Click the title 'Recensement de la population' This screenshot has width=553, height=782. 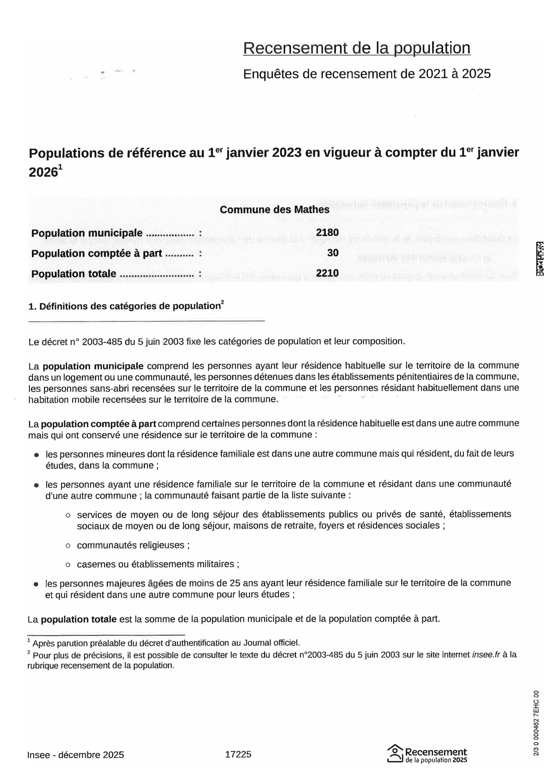(357, 48)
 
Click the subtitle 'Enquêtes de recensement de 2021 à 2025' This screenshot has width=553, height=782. (367, 74)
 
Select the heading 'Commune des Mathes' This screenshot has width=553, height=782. (274, 210)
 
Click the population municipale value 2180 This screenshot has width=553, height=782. (327, 233)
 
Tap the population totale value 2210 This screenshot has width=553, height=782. (327, 273)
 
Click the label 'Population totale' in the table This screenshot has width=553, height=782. (74, 274)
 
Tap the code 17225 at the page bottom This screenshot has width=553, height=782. (238, 755)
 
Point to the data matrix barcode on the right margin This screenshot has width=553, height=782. (540, 259)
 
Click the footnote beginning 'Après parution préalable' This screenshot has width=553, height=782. (166, 643)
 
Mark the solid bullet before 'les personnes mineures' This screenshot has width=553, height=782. (36, 455)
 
